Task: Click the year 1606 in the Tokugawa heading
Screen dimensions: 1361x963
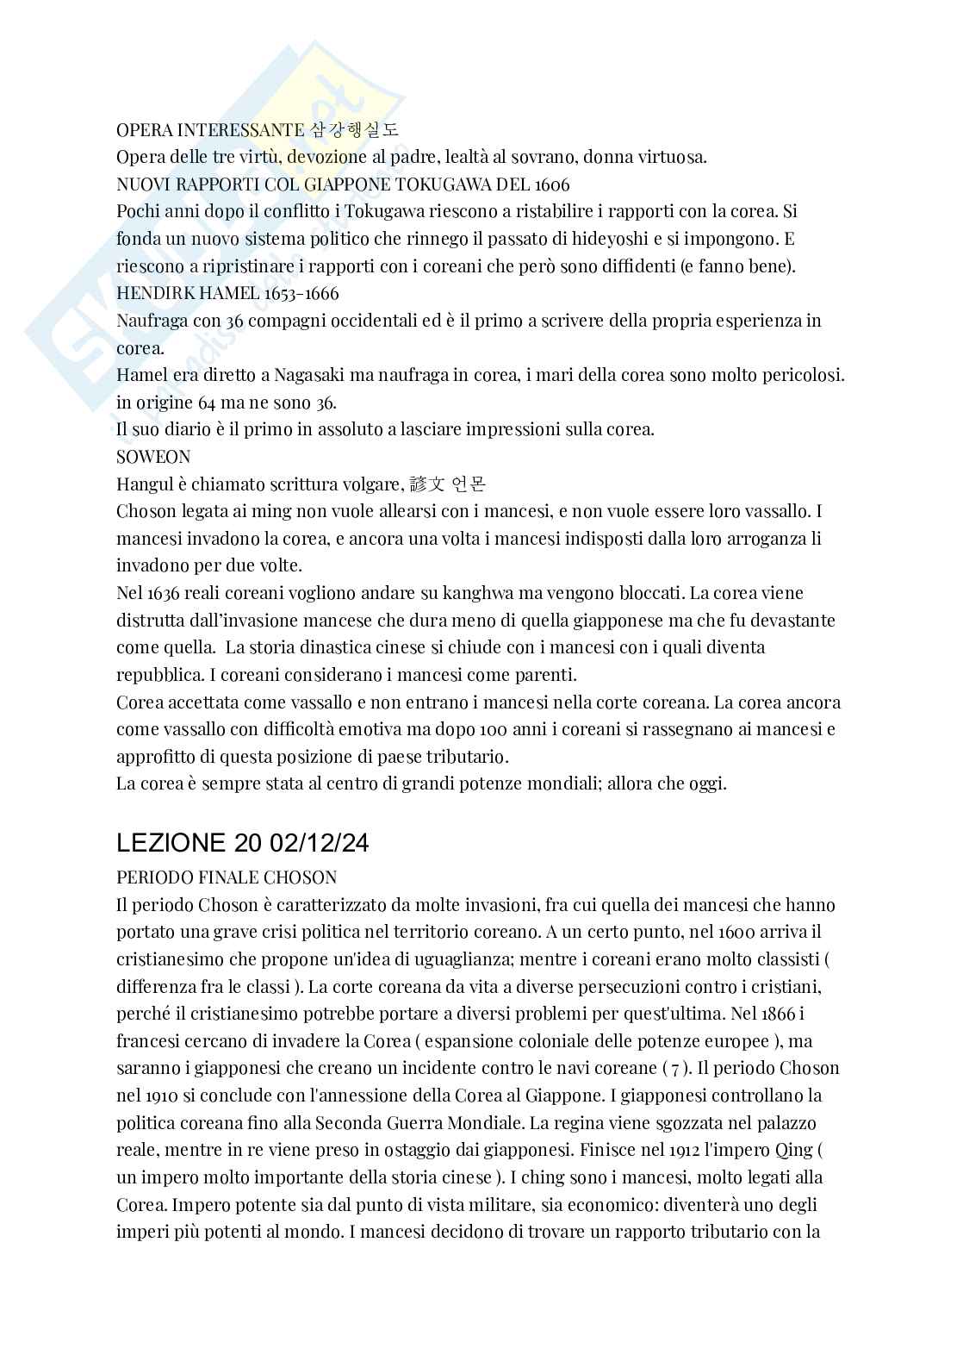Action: coord(548,184)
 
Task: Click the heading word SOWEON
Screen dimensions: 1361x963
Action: coord(153,456)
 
